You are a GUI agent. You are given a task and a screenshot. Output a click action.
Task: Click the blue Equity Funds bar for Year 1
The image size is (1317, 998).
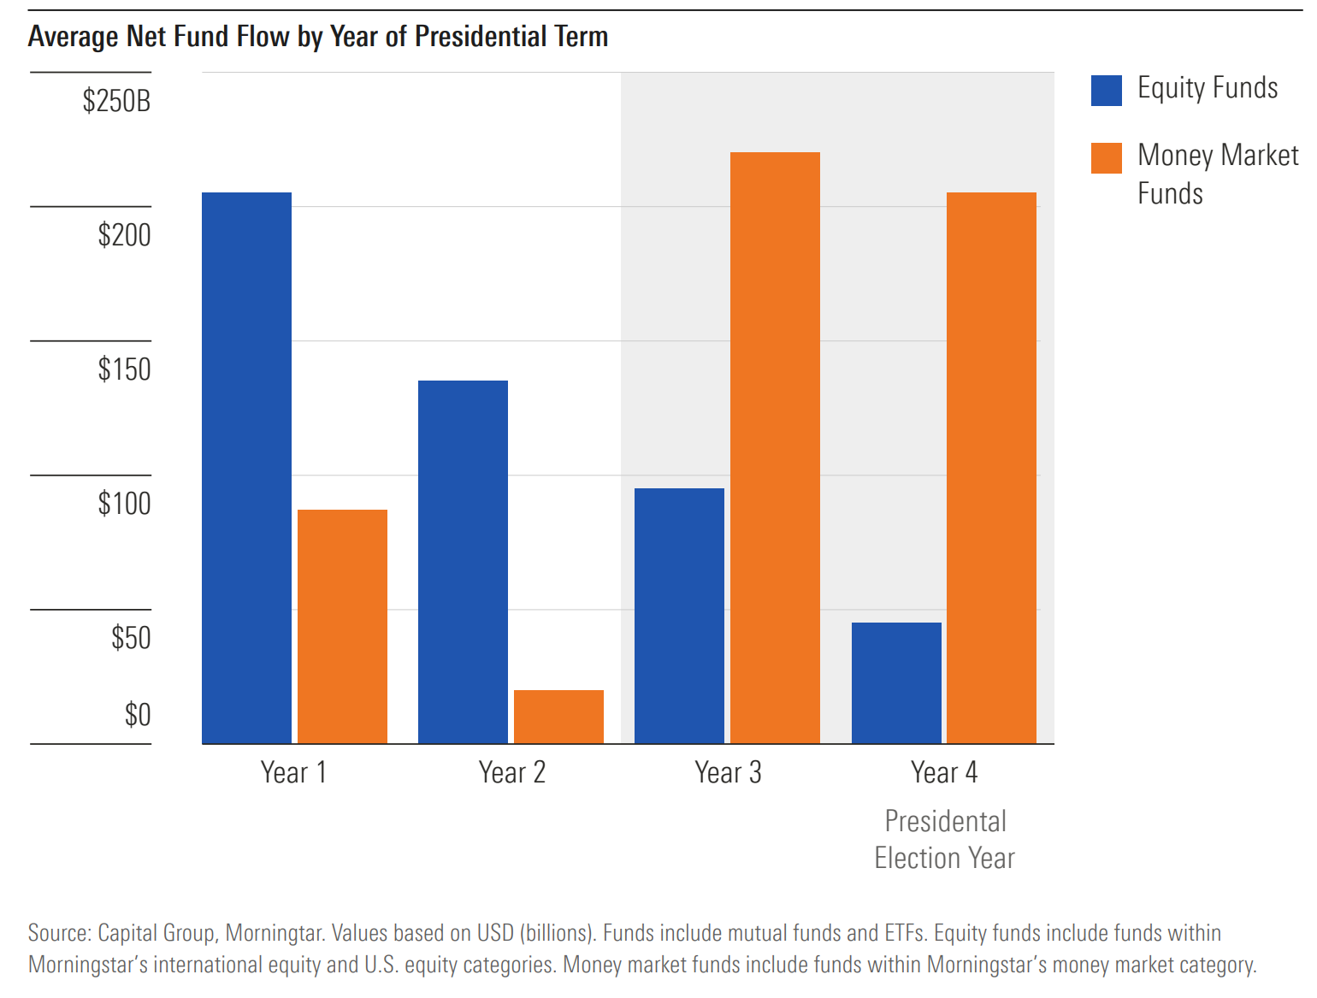coord(246,468)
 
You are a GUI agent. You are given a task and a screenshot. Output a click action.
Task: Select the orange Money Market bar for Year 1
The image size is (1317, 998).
coord(342,626)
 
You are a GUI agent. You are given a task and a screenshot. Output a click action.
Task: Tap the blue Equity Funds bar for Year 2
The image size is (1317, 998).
coord(463,562)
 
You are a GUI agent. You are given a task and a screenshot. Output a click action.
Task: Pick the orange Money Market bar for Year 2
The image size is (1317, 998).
coord(558,717)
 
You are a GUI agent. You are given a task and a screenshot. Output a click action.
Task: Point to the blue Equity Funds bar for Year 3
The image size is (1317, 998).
coord(679,616)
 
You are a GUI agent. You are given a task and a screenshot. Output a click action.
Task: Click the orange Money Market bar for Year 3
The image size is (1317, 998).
coord(775,447)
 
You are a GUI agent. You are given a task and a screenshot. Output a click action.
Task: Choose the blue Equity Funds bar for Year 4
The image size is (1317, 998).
coord(896,682)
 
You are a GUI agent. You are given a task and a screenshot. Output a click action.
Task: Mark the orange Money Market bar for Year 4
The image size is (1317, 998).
coord(991,468)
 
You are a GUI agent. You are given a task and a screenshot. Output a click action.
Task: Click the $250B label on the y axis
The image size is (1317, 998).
coord(116,101)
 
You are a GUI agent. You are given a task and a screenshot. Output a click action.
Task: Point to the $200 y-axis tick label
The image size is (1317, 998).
coord(124,235)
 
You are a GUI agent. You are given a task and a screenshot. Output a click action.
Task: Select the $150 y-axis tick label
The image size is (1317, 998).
coord(124,369)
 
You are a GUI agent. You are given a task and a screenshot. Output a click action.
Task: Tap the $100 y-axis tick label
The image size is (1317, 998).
coord(124,504)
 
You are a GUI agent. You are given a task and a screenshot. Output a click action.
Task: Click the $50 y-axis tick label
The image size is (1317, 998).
coord(131,638)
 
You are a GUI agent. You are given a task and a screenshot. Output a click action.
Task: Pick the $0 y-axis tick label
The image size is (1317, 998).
coord(138,714)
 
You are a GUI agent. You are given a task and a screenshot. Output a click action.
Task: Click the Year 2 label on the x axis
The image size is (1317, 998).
coord(511,772)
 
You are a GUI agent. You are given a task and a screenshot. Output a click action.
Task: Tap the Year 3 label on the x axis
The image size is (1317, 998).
coord(728,772)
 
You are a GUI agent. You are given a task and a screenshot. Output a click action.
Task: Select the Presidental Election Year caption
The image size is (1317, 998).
coord(945,839)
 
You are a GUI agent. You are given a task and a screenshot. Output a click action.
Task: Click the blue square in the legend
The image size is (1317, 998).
coord(1106,91)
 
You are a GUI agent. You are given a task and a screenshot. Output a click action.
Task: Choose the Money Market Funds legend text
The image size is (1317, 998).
coord(1217,174)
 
